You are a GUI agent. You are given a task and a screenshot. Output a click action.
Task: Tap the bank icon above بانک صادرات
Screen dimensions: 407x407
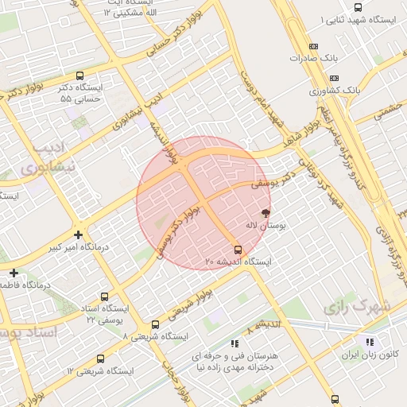click(x=312, y=46)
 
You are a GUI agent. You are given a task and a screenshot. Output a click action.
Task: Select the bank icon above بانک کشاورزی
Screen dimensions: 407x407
click(x=335, y=78)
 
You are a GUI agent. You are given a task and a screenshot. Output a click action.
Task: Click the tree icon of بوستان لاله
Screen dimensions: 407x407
click(x=265, y=213)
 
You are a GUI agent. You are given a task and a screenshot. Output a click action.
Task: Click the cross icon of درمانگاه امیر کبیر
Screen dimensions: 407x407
click(x=77, y=235)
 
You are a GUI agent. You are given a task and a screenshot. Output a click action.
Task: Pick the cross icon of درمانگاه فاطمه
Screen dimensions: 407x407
click(x=13, y=272)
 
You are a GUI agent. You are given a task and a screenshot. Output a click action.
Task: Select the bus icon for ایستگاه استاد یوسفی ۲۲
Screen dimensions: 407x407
click(x=106, y=294)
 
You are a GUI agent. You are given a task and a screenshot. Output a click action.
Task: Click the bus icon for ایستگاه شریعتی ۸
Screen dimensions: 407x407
click(x=154, y=324)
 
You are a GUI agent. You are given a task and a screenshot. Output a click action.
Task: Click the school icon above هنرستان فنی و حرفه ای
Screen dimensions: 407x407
click(x=235, y=343)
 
